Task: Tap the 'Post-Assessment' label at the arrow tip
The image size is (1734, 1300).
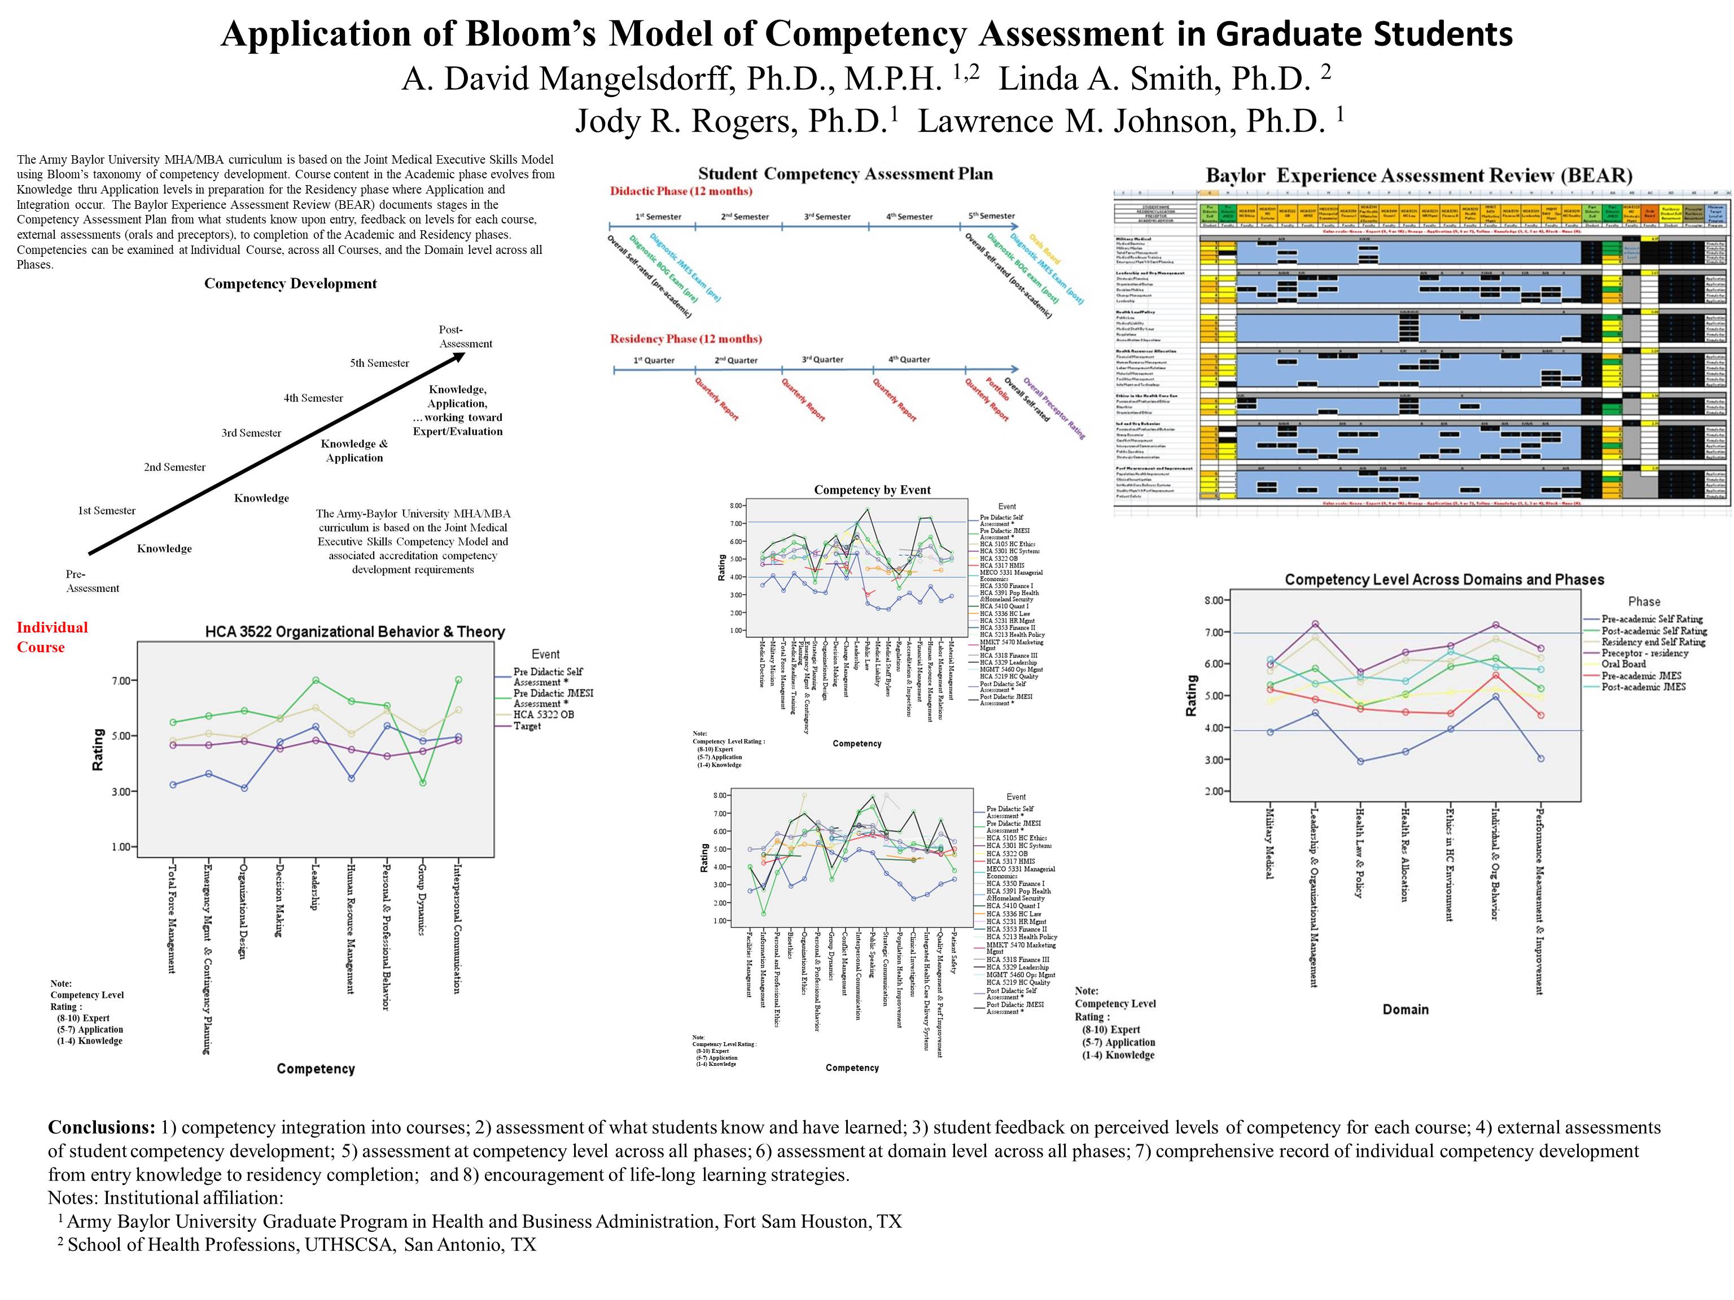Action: [x=465, y=337]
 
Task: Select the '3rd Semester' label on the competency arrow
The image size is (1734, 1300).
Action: [x=251, y=433]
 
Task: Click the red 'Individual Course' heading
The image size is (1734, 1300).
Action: [x=52, y=637]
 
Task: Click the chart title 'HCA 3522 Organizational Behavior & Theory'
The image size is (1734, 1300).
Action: [x=354, y=631]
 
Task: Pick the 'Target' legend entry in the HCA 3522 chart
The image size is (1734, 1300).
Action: [x=528, y=726]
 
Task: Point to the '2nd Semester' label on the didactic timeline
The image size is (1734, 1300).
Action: [x=745, y=216]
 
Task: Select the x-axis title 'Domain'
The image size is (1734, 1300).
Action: [x=1405, y=1009]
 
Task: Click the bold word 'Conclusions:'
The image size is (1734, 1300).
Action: [x=102, y=1127]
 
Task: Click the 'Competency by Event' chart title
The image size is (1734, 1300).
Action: [x=872, y=490]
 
